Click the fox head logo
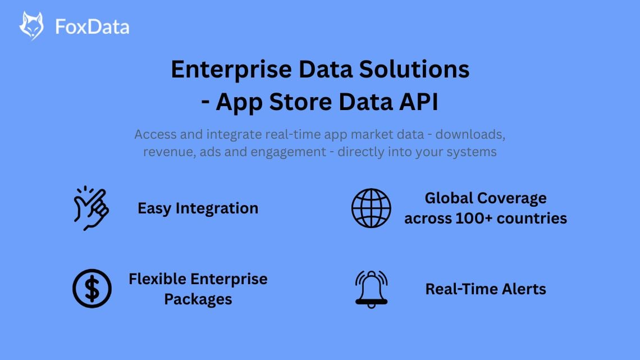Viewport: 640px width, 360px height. coord(31,26)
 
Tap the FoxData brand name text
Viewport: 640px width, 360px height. coord(92,26)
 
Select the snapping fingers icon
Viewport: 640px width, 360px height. coord(90,208)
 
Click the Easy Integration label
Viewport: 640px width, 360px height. coord(198,208)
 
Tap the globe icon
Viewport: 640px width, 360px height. coord(371,208)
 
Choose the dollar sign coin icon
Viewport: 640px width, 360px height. coord(92,289)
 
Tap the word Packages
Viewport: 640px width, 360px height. coord(198,299)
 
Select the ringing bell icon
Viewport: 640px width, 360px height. coord(371,289)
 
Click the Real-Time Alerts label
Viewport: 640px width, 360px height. coord(486,289)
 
